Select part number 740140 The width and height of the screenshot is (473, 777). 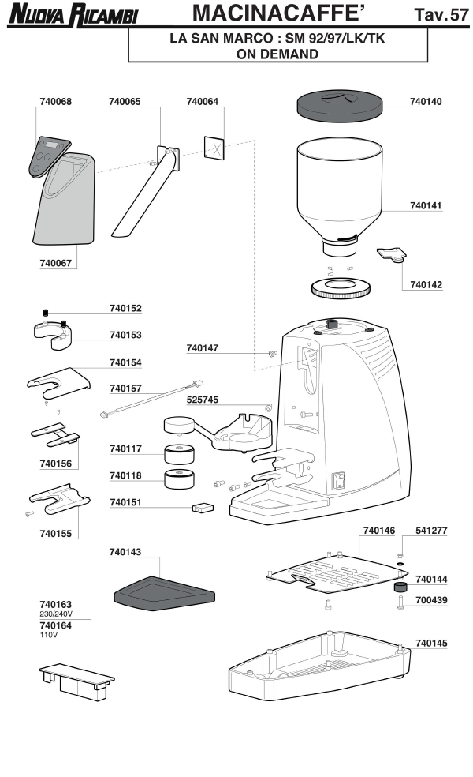tap(426, 102)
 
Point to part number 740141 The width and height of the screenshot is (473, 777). tap(426, 205)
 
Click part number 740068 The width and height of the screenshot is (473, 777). tap(55, 102)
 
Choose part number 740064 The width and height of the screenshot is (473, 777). tap(203, 102)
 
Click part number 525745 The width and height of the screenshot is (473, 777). tap(203, 400)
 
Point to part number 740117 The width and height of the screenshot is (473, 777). tap(126, 449)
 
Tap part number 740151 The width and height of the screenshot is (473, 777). tap(126, 501)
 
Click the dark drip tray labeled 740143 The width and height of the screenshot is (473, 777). tap(165, 591)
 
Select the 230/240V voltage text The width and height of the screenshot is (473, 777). tap(56, 613)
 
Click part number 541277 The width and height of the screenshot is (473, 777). tap(430, 531)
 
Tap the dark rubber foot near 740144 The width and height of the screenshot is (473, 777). tap(400, 590)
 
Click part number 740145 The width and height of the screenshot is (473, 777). tap(430, 644)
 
